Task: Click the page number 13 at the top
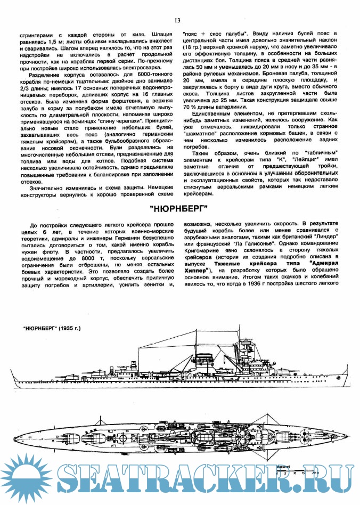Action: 177,20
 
